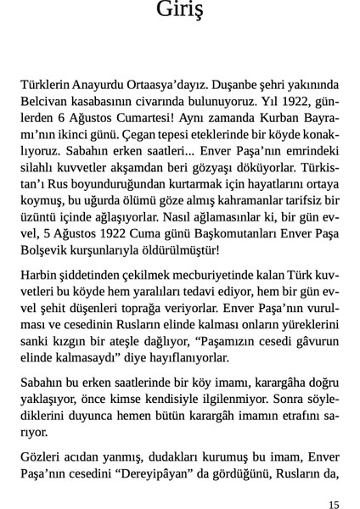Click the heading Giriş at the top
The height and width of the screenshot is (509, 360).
pyautogui.click(x=180, y=11)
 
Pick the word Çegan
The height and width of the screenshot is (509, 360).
pyautogui.click(x=146, y=133)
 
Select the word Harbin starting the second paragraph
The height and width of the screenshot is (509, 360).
pyautogui.click(x=40, y=276)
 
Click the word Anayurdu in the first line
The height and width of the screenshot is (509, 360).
pyautogui.click(x=101, y=85)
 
